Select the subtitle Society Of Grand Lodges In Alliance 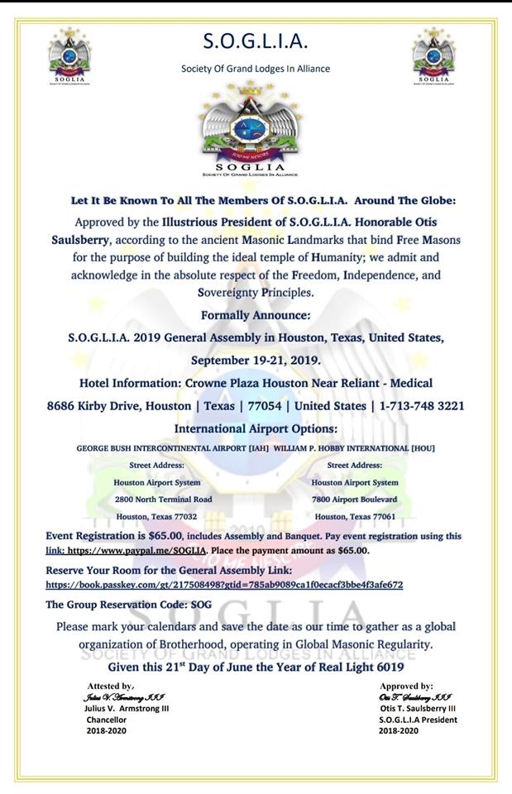255,69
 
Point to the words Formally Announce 256,315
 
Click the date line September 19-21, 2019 256,361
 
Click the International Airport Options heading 256,428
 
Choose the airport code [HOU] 422,448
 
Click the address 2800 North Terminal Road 163,500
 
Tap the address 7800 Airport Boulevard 354,500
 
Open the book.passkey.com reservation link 224,585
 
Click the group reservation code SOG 201,605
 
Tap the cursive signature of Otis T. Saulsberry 413,697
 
